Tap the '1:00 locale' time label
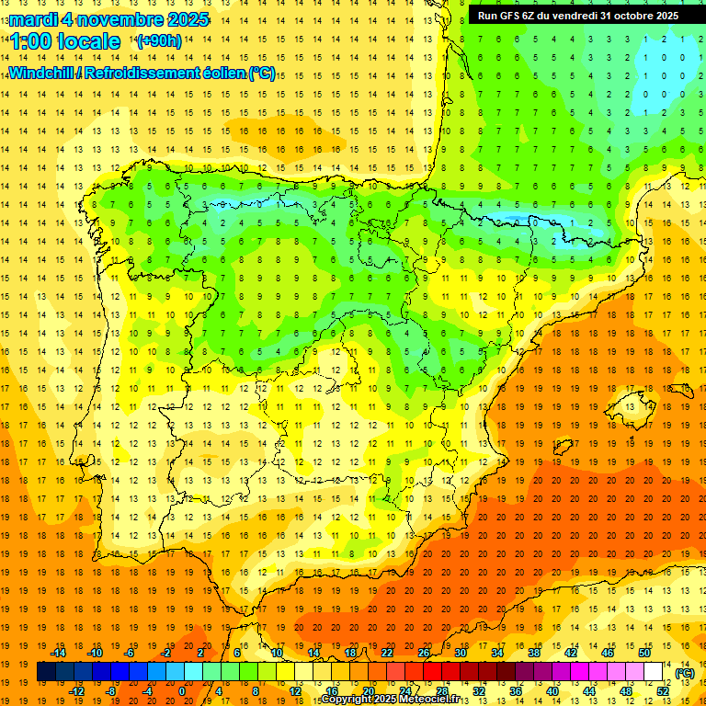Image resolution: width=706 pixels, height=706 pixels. point(66,41)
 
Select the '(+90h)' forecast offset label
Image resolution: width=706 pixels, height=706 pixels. point(158,41)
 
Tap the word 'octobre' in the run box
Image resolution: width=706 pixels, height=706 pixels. point(628,16)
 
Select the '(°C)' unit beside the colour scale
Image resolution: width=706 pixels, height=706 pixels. point(683,673)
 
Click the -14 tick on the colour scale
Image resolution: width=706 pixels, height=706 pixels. point(59,653)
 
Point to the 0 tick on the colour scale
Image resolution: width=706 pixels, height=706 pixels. point(181,691)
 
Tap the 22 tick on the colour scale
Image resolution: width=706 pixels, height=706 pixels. point(387,653)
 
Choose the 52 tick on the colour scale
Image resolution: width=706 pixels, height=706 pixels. point(662,691)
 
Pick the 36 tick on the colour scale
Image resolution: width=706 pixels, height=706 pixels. point(515,691)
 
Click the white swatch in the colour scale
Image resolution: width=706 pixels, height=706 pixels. point(653,672)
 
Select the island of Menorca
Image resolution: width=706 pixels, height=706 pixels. point(685,379)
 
